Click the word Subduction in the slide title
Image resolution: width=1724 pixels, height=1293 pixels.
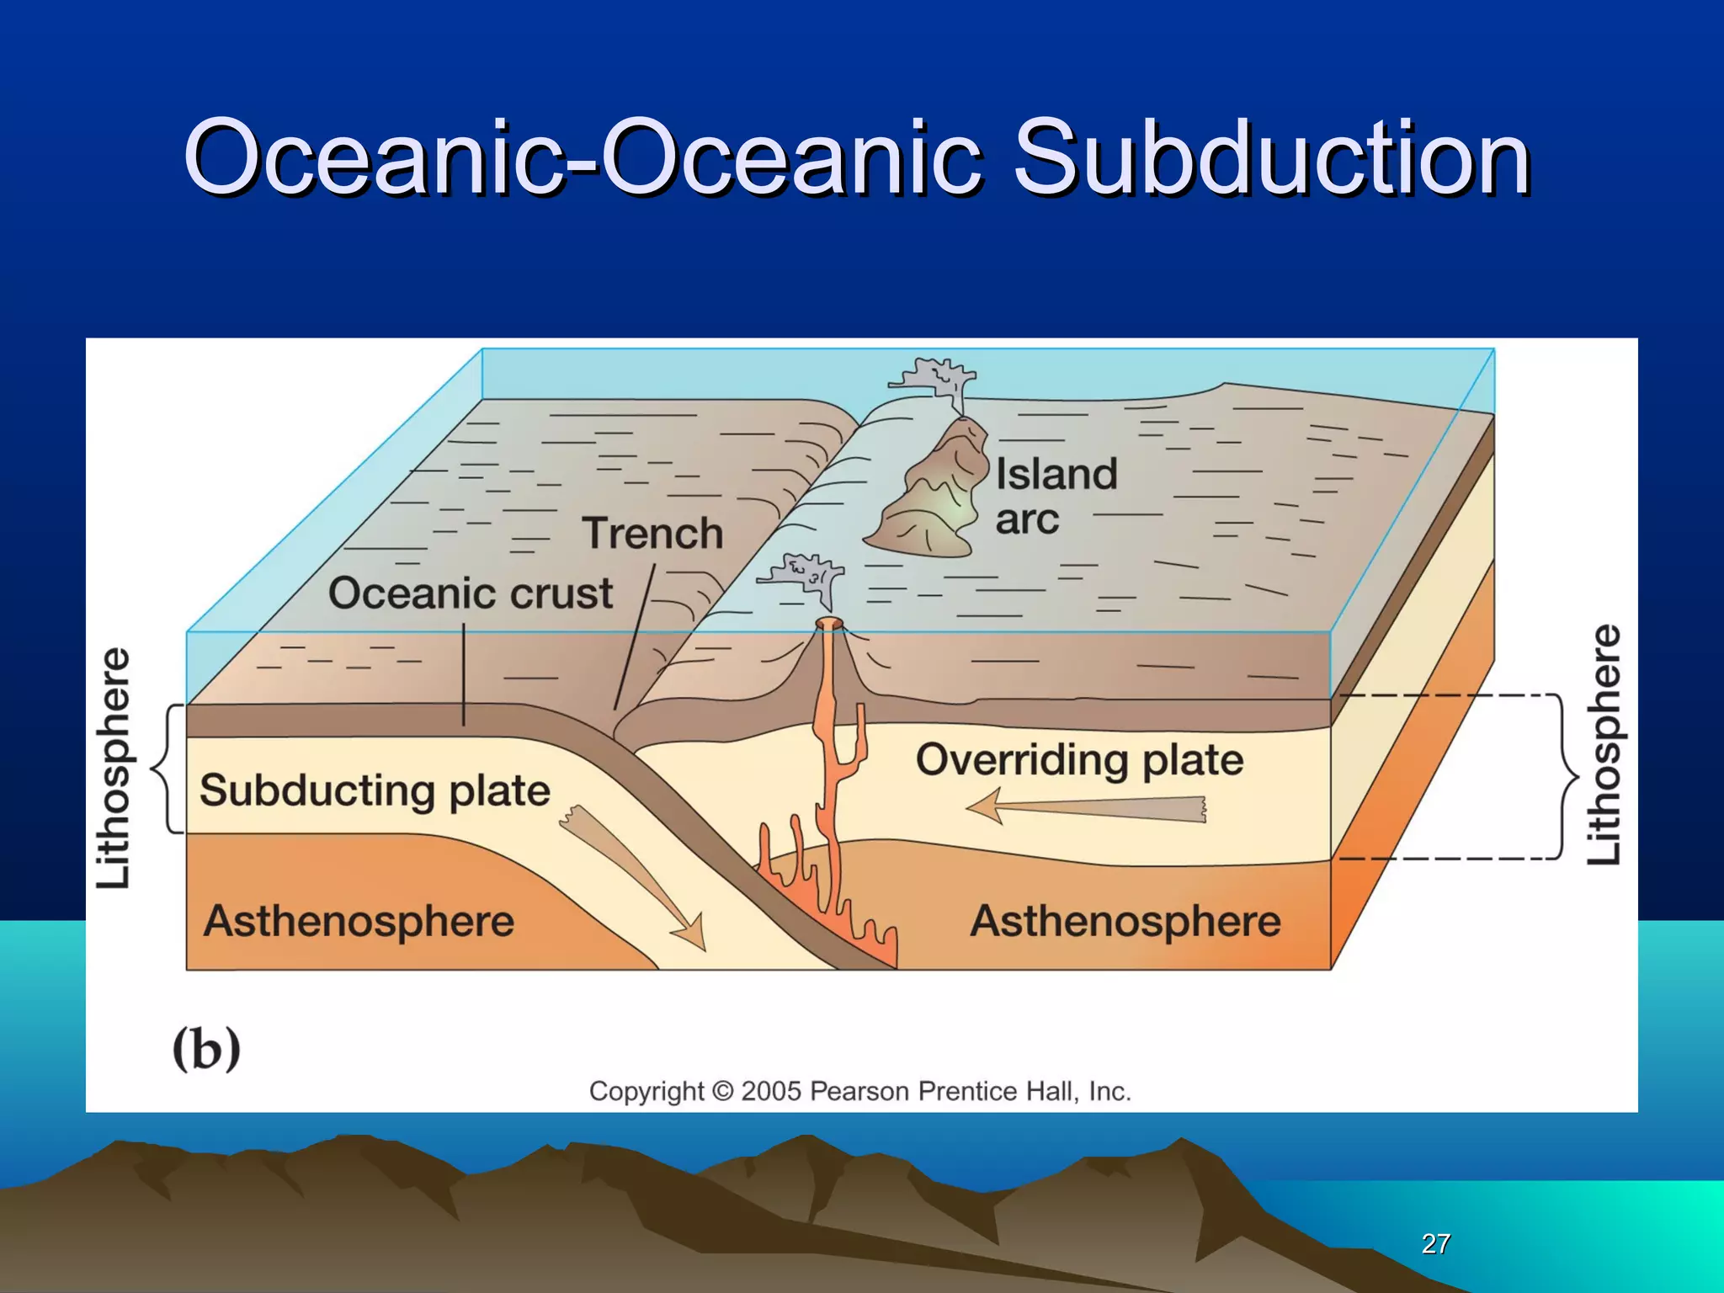tap(1271, 158)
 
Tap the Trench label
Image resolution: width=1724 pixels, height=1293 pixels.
tap(652, 534)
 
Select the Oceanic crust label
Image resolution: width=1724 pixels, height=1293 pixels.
tap(471, 593)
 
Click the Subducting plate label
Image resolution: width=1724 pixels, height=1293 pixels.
tap(375, 790)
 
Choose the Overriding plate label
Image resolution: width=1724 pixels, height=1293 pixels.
tap(1079, 759)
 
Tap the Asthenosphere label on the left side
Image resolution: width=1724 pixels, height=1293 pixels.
tap(359, 921)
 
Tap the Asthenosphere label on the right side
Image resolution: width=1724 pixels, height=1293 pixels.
tap(1125, 921)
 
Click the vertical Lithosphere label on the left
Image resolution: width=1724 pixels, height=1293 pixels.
tap(113, 768)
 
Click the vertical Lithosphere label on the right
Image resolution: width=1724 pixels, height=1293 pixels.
tap(1604, 744)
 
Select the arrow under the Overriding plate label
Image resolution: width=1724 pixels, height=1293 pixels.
tap(1086, 809)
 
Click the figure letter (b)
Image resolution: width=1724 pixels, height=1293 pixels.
tap(206, 1049)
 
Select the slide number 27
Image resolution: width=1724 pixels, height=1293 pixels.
tap(1435, 1243)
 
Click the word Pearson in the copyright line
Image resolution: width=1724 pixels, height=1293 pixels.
tap(859, 1091)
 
